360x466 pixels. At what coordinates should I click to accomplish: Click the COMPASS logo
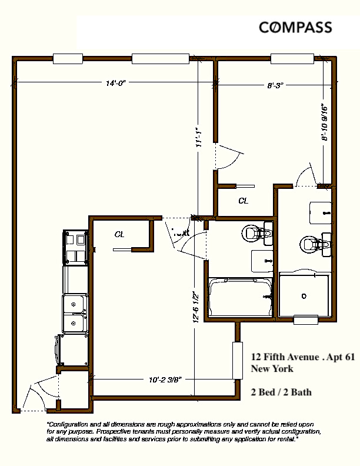pos(296,28)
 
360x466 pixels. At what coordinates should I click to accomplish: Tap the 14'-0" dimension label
pos(115,84)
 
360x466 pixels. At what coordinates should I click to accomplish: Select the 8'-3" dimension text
pos(275,85)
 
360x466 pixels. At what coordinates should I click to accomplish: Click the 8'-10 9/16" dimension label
pos(324,122)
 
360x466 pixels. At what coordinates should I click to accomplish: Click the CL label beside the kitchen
pos(119,234)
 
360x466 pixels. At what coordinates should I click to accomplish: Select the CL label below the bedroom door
pos(243,201)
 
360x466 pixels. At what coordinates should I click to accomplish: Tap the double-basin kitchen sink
pos(75,314)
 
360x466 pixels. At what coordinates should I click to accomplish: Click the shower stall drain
pos(304,296)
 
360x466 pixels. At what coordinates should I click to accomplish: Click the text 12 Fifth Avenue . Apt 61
pos(302,357)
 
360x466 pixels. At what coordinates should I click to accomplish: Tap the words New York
pos(272,369)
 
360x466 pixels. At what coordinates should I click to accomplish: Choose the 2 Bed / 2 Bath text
pos(281,392)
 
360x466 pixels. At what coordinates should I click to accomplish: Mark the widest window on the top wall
pos(155,58)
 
